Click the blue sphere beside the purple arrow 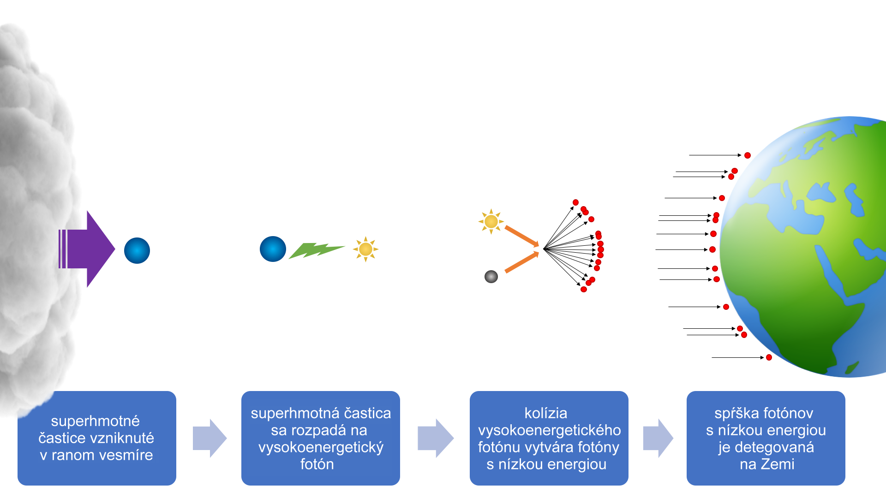[x=137, y=251]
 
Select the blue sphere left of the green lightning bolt [x=273, y=249]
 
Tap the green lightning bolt [x=316, y=250]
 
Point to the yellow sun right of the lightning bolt [x=365, y=249]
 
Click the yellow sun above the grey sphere [x=491, y=222]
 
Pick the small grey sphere [x=491, y=277]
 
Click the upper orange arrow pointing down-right [x=522, y=236]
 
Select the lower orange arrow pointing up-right [x=522, y=262]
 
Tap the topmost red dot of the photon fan [x=575, y=202]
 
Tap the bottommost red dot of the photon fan [x=584, y=289]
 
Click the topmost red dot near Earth [x=748, y=155]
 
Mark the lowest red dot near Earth [x=769, y=357]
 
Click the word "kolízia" [x=546, y=413]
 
